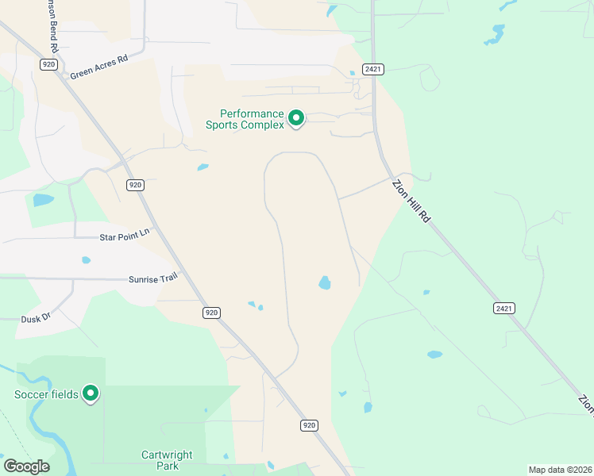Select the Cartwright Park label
168,461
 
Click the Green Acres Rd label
99,67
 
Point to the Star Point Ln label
124,236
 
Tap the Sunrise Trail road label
153,279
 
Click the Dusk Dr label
36,317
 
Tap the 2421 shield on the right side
503,308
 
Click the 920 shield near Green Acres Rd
49,64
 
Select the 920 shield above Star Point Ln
135,185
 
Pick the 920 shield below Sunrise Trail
210,313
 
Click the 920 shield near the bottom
310,426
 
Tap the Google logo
26,466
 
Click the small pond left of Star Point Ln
86,259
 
